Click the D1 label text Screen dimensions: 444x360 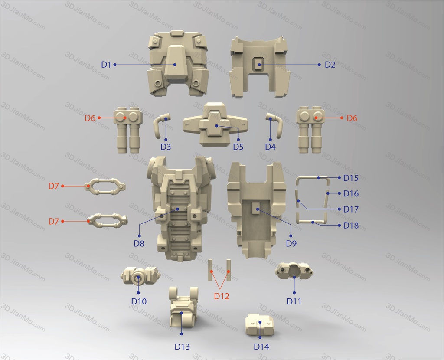(106, 65)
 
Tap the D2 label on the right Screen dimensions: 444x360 (330, 65)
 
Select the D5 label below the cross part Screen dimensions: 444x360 (238, 147)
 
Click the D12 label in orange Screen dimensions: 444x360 (222, 296)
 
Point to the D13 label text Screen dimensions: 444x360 (182, 347)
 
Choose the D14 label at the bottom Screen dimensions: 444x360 (261, 347)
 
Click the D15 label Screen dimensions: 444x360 (351, 178)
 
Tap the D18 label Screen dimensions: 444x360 (351, 226)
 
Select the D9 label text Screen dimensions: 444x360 (291, 243)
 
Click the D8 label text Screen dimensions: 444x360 (139, 243)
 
